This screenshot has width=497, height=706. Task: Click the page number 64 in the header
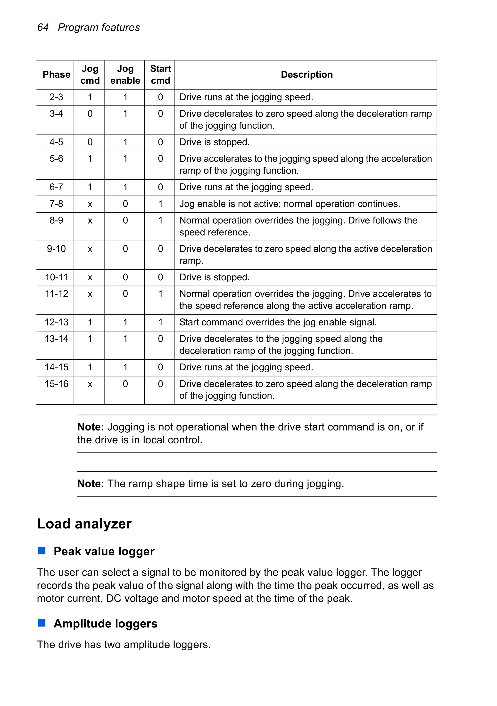43,27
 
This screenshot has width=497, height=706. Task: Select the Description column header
306,74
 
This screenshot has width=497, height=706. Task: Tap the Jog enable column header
125,74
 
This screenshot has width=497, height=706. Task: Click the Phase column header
56,74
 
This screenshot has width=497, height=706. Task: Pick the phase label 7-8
56,204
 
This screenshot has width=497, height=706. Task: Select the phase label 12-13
56,322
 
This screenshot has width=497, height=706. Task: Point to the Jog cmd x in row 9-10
90,249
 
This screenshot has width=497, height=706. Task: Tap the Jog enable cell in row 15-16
125,384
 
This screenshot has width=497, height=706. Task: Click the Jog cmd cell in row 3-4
90,114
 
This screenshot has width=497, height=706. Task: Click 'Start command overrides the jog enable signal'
278,322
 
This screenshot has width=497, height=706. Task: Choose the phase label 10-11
56,277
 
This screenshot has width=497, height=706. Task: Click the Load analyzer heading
84,524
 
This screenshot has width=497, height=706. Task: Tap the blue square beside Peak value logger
41,551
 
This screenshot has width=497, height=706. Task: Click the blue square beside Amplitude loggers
41,623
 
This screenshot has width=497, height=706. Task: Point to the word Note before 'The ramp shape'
91,484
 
